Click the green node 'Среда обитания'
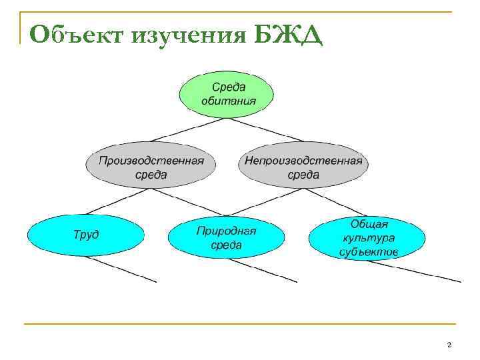coord(228,94)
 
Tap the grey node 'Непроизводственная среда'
coord(303,167)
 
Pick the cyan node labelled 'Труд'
coord(85,235)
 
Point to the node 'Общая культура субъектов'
coord(367,237)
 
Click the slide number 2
coord(449,345)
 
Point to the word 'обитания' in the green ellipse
coord(228,101)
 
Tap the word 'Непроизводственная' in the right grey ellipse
coord(303,160)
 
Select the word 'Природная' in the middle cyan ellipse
coord(226,231)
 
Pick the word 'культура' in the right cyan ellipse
coord(368,237)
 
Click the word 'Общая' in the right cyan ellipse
coord(368,225)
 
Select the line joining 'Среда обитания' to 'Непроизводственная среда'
coord(266,130)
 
